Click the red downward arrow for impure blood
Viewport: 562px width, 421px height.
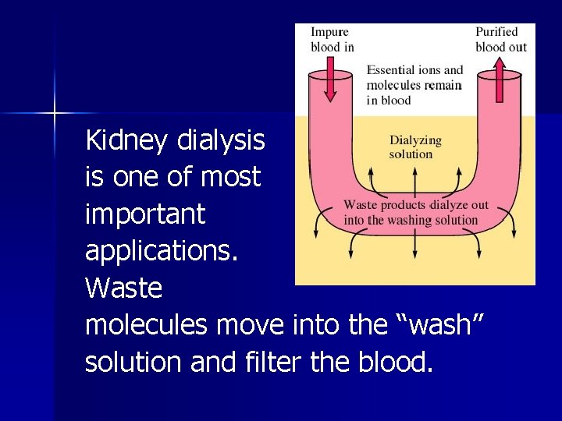[x=330, y=83]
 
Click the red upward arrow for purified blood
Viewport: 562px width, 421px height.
[x=500, y=83]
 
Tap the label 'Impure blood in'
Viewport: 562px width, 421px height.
[x=332, y=39]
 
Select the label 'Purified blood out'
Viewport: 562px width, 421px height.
[x=501, y=39]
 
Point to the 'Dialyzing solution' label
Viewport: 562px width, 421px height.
[x=415, y=147]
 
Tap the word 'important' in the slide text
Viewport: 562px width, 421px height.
[x=145, y=214]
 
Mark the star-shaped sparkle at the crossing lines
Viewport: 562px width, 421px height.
[x=55, y=114]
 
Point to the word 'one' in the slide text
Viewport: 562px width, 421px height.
[x=144, y=178]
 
